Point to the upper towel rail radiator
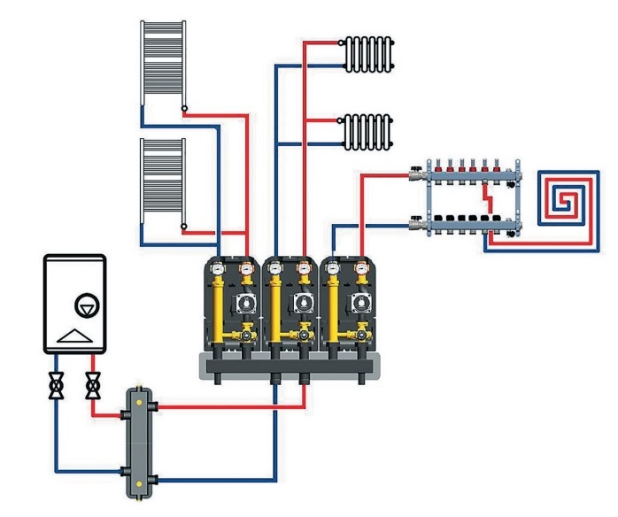[x=162, y=64]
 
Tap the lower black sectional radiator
[x=366, y=132]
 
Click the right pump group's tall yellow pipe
[x=336, y=305]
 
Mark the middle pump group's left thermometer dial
[x=276, y=268]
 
